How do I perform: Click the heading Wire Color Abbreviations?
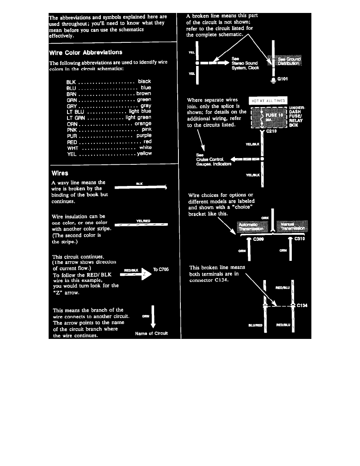coord(85,52)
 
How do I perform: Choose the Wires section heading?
coord(59,173)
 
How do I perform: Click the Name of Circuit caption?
coord(151,333)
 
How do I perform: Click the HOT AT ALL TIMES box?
coord(268,101)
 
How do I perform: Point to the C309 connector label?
coord(258,238)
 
